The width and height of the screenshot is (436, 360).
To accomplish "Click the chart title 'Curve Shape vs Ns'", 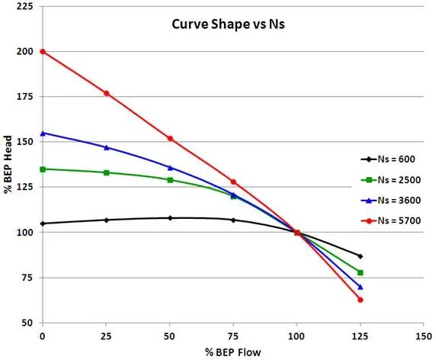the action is coord(228,24).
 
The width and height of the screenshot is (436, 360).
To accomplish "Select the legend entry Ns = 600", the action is coord(388,159).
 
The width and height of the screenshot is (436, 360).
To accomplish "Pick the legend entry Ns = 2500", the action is coord(391,180).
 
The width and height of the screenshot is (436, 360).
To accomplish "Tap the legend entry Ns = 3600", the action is coord(391,201).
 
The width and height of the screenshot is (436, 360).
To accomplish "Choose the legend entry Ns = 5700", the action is coord(391,221).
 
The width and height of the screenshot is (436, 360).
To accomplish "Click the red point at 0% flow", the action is coord(43,51).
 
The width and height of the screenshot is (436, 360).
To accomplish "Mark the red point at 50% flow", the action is coord(170,139).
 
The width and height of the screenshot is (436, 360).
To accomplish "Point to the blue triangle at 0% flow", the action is coord(43,133).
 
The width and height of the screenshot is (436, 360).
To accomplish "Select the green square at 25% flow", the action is coord(106,173).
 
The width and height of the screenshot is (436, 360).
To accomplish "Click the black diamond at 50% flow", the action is coord(170,218).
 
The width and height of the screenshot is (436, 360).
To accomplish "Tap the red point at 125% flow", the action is coord(361,300).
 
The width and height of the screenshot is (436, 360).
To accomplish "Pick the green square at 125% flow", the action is coord(361,272).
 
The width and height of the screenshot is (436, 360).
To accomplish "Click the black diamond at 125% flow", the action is coord(361,256).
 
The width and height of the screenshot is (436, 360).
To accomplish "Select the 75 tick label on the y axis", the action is coord(27,278).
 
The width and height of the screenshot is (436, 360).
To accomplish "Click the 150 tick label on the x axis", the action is coord(424,336).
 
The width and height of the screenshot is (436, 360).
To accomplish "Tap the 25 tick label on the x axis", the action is coord(106,336).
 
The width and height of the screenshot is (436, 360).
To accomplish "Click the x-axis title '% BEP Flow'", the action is coord(233,352).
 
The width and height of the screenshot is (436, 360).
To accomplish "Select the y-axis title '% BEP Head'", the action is coord(8,165).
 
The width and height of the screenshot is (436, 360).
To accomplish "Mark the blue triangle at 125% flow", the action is coord(361,287).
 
